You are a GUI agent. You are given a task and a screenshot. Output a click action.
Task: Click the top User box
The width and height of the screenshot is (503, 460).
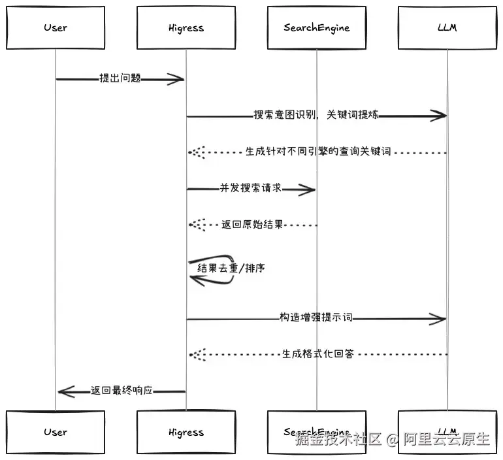click(x=56, y=28)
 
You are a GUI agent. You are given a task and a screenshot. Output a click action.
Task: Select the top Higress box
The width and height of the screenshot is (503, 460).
click(x=186, y=28)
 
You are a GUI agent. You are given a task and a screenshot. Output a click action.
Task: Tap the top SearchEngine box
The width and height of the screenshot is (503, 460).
click(x=316, y=28)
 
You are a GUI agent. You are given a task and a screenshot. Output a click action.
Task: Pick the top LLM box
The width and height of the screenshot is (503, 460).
click(x=447, y=28)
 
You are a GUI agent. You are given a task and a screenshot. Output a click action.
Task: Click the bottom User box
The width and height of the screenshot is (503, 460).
click(x=56, y=432)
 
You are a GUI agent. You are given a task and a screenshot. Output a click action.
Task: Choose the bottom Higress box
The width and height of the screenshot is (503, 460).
click(x=186, y=432)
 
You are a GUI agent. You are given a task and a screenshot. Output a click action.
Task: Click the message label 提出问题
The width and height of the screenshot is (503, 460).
click(x=120, y=78)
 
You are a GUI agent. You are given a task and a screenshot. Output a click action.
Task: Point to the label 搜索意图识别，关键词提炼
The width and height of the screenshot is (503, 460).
click(x=316, y=116)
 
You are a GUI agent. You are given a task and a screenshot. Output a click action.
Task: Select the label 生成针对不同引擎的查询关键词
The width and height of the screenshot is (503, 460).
click(x=318, y=152)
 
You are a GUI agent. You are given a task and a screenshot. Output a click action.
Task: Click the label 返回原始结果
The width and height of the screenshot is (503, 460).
click(x=252, y=225)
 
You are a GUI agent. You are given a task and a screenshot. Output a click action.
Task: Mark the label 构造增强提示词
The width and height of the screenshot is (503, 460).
click(x=316, y=318)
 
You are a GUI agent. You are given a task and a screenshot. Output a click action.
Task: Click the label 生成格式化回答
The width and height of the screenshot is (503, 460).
click(x=317, y=354)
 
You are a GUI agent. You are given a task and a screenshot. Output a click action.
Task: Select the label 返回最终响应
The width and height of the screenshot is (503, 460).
click(x=122, y=391)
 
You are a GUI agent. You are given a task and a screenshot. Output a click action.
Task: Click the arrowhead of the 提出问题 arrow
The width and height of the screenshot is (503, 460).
click(x=176, y=80)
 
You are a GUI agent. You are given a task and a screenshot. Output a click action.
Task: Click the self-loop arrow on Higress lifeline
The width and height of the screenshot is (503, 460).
click(x=210, y=270)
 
